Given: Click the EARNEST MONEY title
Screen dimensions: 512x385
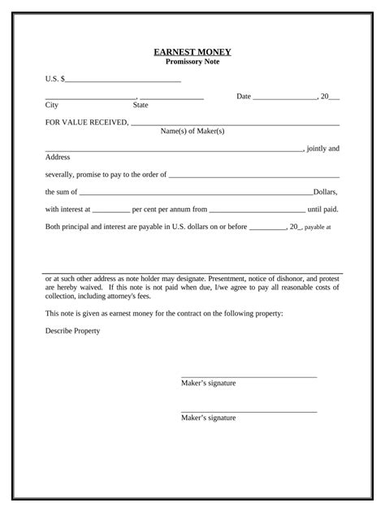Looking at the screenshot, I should coord(192,52).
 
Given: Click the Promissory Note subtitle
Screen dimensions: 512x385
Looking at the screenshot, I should coord(192,62).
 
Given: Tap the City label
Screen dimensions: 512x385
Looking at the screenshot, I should coord(52,105).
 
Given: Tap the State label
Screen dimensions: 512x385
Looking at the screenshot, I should coord(141,105).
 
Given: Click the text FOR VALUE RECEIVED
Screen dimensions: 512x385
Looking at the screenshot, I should coord(86,122).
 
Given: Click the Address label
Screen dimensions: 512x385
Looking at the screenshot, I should coord(58,156).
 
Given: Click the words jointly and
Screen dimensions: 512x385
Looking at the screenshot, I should coord(323,149).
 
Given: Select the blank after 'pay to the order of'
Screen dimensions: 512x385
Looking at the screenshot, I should coord(253,175).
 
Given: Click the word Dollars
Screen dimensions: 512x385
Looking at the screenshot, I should coord(325,192).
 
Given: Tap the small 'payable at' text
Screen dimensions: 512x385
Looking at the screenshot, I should coord(317,228).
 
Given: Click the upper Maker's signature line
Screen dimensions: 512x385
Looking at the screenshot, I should coord(249,376).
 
